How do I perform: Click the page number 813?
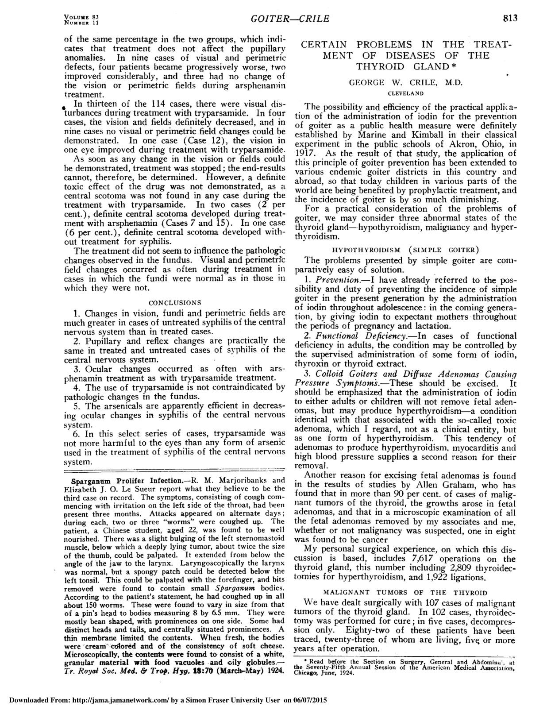coord(509,18)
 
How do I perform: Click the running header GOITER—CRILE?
coord(290,19)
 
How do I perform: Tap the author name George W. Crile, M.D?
coord(406,82)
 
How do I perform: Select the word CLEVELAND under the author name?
coord(405,93)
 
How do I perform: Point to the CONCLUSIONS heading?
coord(175,303)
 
